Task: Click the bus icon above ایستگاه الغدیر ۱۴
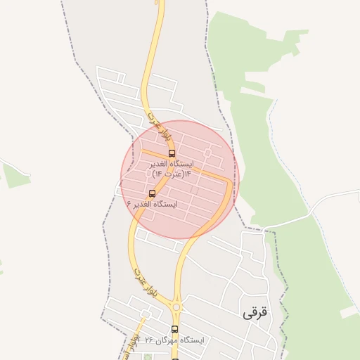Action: click(x=172, y=153)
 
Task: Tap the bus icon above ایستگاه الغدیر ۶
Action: click(x=152, y=193)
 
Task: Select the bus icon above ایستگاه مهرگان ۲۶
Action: click(x=174, y=329)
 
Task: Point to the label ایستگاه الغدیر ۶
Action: click(x=152, y=204)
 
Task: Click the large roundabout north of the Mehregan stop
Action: click(x=176, y=307)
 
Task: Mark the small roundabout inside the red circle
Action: click(x=207, y=152)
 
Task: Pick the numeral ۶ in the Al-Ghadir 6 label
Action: click(x=129, y=204)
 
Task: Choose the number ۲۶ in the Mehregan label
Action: click(x=149, y=340)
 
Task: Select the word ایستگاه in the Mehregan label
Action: click(x=191, y=340)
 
